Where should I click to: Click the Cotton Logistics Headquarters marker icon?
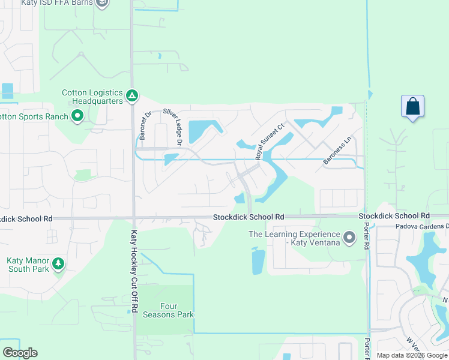point(132,95)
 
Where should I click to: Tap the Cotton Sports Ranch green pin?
point(77,116)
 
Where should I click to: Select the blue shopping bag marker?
point(412,107)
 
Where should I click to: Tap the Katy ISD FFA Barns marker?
point(102,3)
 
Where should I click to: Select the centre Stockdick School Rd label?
point(249,216)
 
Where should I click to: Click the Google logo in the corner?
point(20,352)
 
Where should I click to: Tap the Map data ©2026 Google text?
point(411,355)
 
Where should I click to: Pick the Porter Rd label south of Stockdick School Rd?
point(366,236)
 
